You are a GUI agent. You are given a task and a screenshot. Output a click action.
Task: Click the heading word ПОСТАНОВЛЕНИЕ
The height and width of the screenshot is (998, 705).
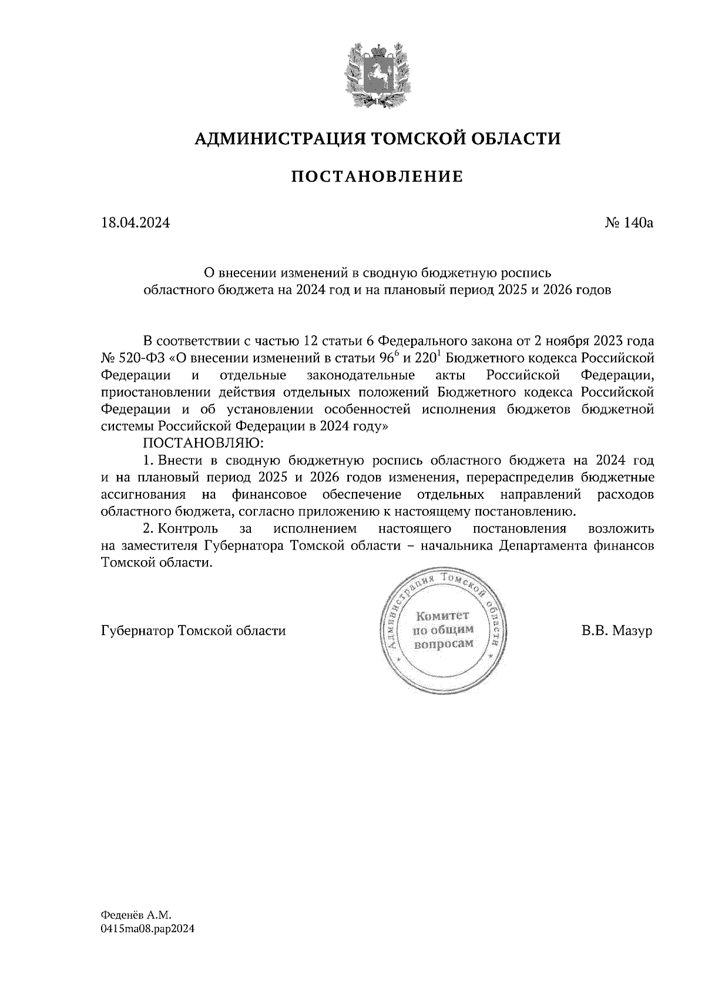coord(377,176)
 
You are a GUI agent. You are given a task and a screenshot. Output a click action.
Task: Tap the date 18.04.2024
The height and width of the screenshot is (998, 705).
coord(136,223)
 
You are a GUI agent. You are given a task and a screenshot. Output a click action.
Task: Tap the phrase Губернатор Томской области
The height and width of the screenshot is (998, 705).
coord(193,631)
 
